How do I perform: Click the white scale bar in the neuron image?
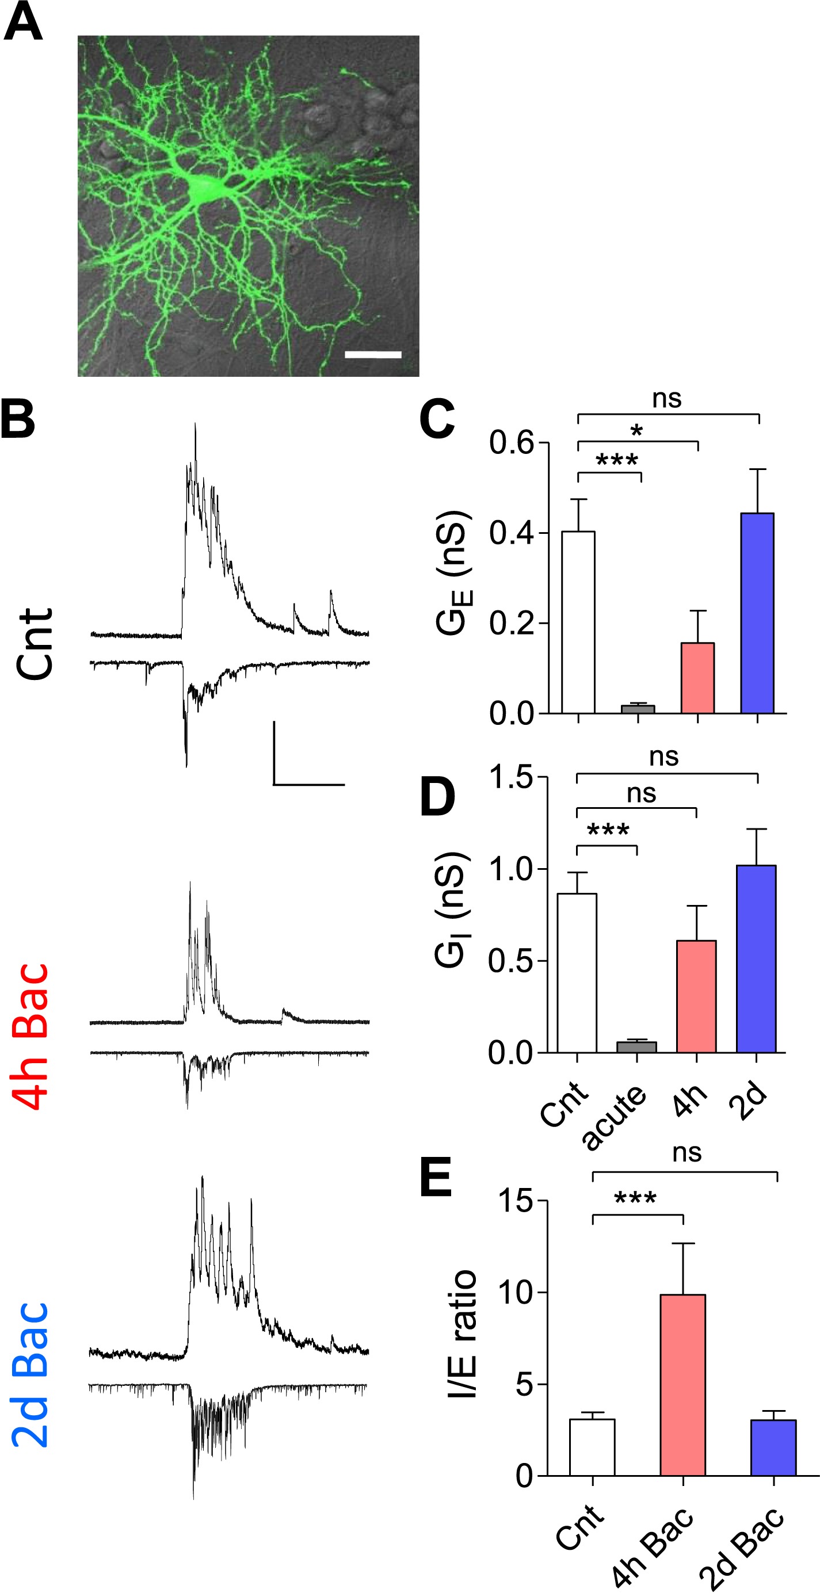click(x=372, y=354)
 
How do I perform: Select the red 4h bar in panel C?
click(x=697, y=678)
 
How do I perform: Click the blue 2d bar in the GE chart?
click(x=757, y=613)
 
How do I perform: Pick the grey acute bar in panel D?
click(x=636, y=1046)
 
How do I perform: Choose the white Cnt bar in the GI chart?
click(x=577, y=972)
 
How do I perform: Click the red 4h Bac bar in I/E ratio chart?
click(x=682, y=1385)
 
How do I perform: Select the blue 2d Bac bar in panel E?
click(x=773, y=1447)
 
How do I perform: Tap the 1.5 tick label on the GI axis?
click(x=510, y=777)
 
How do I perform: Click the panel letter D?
click(x=437, y=798)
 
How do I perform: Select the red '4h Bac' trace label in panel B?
click(x=31, y=1036)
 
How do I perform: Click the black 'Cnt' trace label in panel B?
click(x=35, y=643)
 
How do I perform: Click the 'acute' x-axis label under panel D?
click(x=613, y=1118)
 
